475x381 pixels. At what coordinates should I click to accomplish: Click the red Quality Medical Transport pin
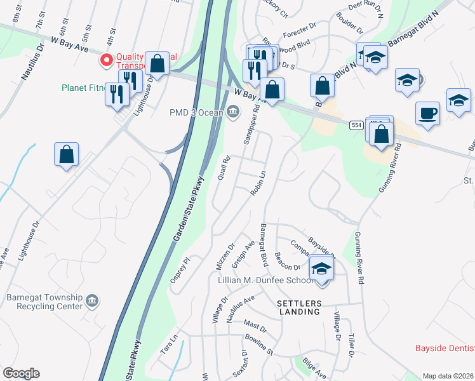pos(106,60)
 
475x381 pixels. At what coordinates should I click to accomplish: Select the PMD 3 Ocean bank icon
pos(232,112)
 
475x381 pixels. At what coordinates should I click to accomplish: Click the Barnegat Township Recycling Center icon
pos(92,300)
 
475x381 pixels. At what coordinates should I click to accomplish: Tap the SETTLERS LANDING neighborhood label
pos(298,307)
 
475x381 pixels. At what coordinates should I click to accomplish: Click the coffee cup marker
pos(427,114)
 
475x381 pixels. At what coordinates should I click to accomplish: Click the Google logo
pos(21,373)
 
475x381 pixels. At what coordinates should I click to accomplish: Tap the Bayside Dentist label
pos(445,348)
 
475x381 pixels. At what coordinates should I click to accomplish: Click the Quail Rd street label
pos(223,169)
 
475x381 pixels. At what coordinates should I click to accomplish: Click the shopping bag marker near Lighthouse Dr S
pos(66,154)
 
